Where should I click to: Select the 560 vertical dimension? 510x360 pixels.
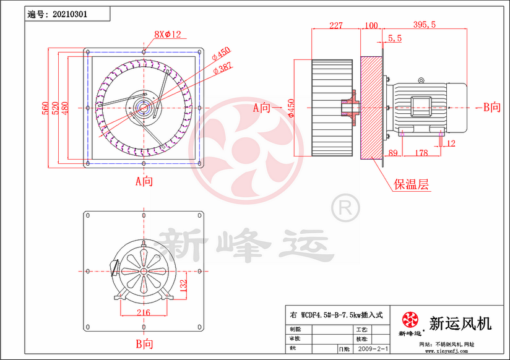coord(45,109)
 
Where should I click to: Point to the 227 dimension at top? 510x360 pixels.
coord(335,25)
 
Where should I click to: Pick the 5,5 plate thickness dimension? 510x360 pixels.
coord(394,38)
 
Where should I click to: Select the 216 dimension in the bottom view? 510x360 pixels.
coord(143,313)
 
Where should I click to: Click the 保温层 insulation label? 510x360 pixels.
coord(412,184)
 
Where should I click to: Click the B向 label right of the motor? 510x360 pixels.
coord(491,108)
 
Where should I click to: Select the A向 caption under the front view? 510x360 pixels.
coord(144,181)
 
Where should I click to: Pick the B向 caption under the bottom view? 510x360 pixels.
coord(144,343)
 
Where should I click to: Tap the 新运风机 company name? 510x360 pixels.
coord(460,323)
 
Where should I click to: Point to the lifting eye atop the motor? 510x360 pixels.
coord(421,80)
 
